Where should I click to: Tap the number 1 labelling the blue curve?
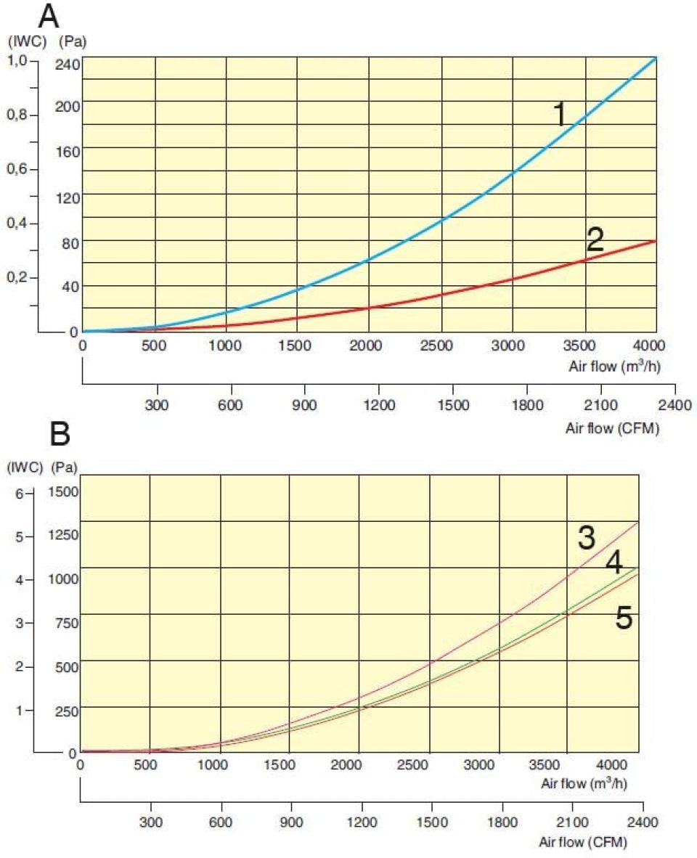click(x=560, y=114)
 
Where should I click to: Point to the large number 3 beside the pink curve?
click(x=586, y=538)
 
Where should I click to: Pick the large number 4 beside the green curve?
click(x=614, y=563)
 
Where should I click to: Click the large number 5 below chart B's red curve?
click(x=624, y=618)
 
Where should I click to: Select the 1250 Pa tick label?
click(x=63, y=536)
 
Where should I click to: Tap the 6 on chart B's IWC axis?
click(x=20, y=493)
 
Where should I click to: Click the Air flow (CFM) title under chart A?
click(x=612, y=428)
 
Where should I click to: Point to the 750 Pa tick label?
click(x=65, y=622)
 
